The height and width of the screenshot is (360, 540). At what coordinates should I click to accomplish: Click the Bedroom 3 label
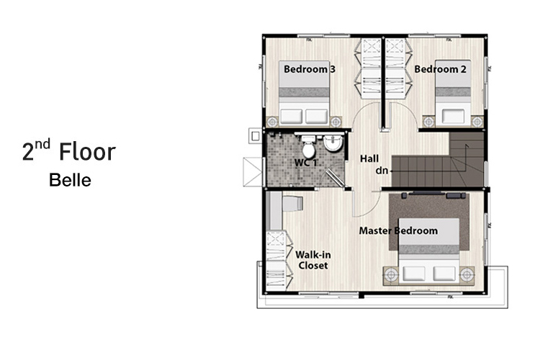(x=310, y=69)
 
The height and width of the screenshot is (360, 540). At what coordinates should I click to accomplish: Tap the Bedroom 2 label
(x=440, y=69)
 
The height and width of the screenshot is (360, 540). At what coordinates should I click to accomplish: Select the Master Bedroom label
(x=398, y=231)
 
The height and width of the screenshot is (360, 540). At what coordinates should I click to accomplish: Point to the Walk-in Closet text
(x=313, y=260)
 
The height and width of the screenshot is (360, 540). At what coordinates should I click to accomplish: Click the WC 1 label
(x=305, y=163)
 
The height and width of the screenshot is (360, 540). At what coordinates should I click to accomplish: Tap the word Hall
(x=369, y=159)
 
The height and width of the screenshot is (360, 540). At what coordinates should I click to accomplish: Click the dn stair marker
(x=382, y=170)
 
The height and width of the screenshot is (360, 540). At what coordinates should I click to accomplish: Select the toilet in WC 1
(x=309, y=146)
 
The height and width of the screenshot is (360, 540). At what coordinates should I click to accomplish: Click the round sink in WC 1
(x=333, y=143)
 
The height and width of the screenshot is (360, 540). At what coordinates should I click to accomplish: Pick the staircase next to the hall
(x=438, y=160)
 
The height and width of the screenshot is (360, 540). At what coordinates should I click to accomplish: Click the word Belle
(x=70, y=180)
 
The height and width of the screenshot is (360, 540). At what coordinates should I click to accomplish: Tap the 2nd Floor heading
(x=69, y=151)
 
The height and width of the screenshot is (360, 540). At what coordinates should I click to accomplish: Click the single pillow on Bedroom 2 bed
(x=453, y=116)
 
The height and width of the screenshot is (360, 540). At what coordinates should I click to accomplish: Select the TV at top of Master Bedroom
(x=427, y=193)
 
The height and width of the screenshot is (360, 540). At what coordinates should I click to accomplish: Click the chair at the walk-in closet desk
(x=292, y=203)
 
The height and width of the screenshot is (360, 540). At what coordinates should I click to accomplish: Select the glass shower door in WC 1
(x=334, y=176)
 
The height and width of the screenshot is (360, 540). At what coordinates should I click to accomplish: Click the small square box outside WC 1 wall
(x=255, y=136)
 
